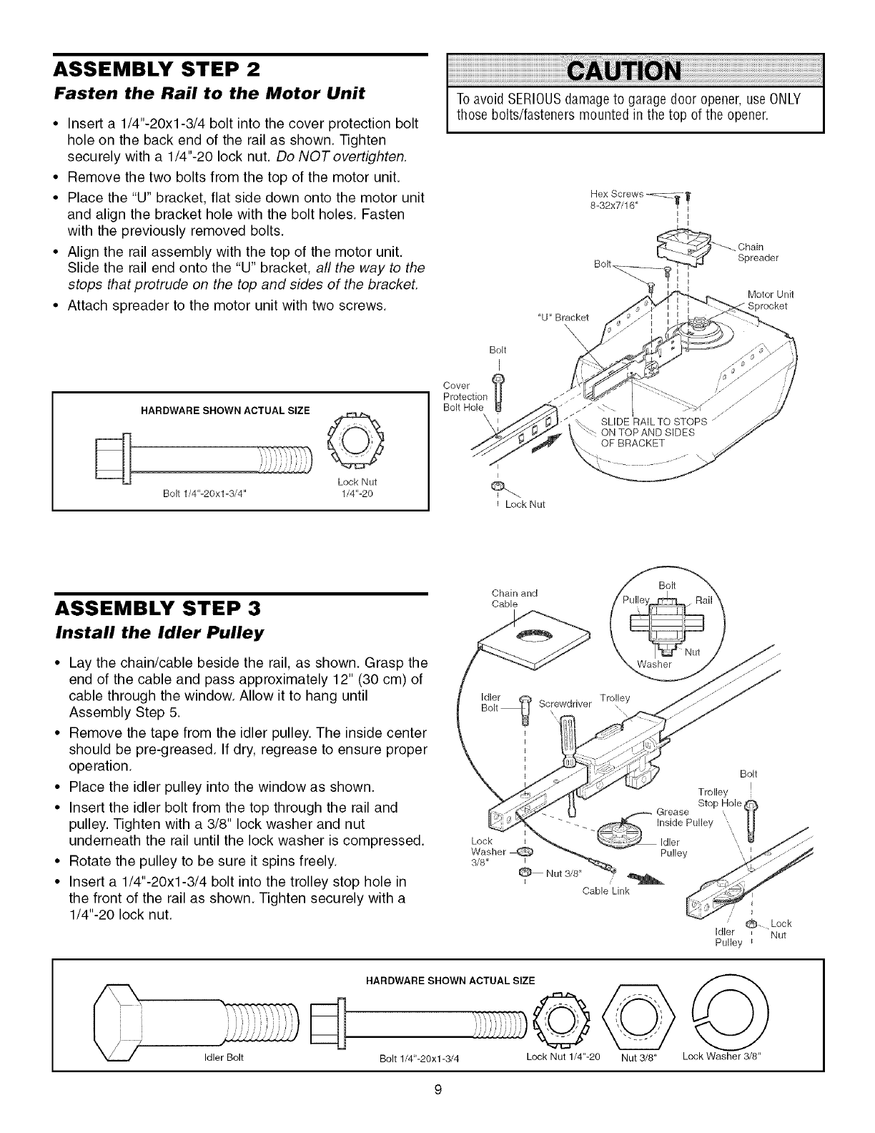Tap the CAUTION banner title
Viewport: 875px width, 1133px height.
click(634, 72)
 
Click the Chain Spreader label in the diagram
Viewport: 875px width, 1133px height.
click(758, 252)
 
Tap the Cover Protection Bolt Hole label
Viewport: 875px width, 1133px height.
click(465, 397)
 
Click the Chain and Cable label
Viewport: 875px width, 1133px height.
click(515, 598)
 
